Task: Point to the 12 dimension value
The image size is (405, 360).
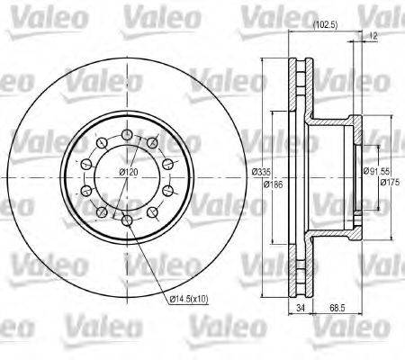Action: coord(373,36)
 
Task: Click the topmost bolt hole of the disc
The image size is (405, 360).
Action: coord(127,132)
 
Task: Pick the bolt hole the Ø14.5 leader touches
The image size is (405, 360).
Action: coord(127,220)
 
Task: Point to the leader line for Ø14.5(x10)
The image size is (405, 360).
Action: coord(149,261)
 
